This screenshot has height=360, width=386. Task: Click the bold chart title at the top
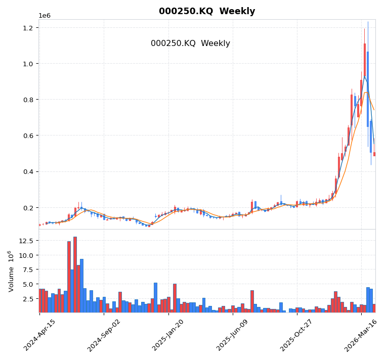point(206,11)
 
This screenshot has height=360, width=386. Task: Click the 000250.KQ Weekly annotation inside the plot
point(190,43)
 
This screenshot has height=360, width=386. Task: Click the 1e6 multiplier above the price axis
point(45,16)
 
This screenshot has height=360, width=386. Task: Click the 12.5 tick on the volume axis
point(25,241)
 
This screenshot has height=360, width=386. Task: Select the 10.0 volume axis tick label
point(25,255)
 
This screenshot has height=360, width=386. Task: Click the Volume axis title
point(11,271)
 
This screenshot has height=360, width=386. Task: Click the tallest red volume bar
point(75,275)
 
